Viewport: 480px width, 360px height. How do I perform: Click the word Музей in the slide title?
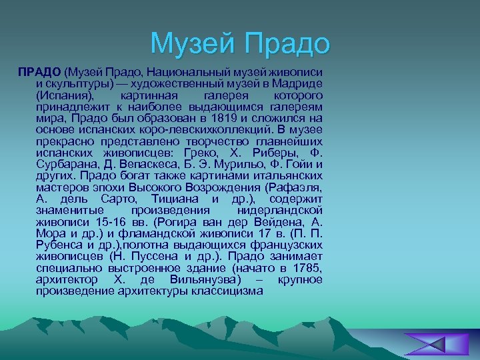pyautogui.click(x=195, y=43)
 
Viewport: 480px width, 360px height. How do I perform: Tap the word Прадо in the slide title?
pyautogui.click(x=288, y=43)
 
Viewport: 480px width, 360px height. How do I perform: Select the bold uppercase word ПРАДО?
pyautogui.click(x=39, y=71)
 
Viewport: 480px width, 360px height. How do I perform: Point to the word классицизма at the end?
pyautogui.click(x=227, y=291)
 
